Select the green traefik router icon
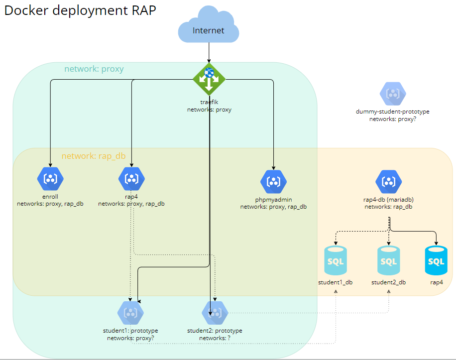click(x=209, y=79)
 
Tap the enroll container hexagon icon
click(x=50, y=178)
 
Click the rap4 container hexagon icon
click(x=131, y=178)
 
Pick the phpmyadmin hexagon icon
click(x=274, y=182)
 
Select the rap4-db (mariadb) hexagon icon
click(x=388, y=182)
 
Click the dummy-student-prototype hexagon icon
click(x=393, y=93)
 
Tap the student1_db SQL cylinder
click(x=336, y=260)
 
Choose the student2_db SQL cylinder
click(x=388, y=260)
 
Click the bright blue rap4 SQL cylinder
click(x=436, y=260)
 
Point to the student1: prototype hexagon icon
click(x=130, y=313)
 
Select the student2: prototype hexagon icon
click(x=215, y=313)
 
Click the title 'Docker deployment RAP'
click(x=80, y=10)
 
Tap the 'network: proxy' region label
click(x=94, y=69)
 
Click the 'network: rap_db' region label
click(x=94, y=156)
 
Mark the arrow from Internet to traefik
click(x=209, y=52)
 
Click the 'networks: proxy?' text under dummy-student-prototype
click(x=392, y=120)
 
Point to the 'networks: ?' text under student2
click(x=215, y=338)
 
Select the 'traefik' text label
click(x=209, y=102)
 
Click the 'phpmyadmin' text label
click(x=273, y=199)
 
